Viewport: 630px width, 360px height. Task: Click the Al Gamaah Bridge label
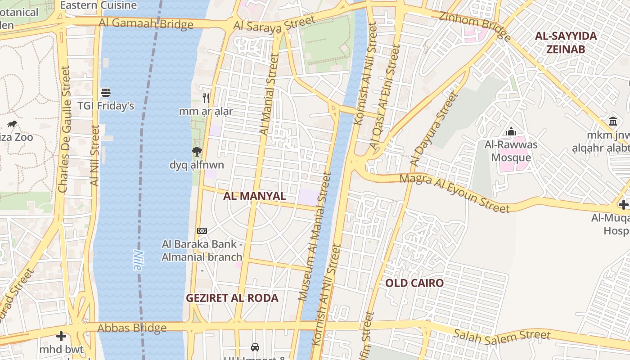point(146,23)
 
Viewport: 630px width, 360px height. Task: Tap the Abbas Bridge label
point(132,328)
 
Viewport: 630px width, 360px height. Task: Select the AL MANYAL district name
point(254,196)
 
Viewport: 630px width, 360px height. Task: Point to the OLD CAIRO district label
point(414,283)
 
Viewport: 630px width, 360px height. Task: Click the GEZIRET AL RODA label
point(232,298)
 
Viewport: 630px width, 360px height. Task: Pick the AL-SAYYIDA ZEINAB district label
point(566,42)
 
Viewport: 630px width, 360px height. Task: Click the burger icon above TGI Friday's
point(106,93)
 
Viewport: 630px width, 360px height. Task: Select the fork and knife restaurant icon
point(206,98)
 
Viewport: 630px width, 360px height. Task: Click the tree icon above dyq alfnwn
point(197,152)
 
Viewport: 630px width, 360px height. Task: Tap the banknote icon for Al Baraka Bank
point(202,231)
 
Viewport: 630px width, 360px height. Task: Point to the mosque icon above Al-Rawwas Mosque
point(511,131)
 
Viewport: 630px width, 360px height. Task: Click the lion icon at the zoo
point(12,124)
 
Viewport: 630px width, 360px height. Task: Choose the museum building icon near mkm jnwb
point(612,121)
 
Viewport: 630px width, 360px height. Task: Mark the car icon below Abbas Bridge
point(255,347)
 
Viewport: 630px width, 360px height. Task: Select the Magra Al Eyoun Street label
point(454,193)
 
